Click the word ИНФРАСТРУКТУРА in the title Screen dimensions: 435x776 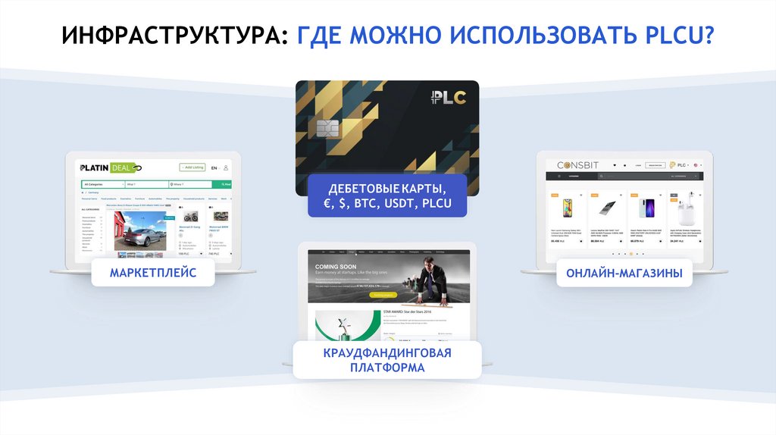pyautogui.click(x=170, y=36)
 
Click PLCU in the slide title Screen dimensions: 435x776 pyautogui.click(x=674, y=36)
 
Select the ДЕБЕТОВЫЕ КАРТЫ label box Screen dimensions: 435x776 pyautogui.click(x=386, y=196)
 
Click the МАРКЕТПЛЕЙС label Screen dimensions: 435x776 pyautogui.click(x=152, y=273)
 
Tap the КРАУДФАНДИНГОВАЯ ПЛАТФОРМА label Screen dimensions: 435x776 pyautogui.click(x=387, y=361)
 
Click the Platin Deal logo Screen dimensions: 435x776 pyautogui.click(x=111, y=167)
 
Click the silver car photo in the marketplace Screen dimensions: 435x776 pyautogui.click(x=139, y=231)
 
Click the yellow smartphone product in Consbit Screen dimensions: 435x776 pyautogui.click(x=566, y=209)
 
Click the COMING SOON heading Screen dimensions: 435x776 pyautogui.click(x=337, y=267)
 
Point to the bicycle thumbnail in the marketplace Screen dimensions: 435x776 pyautogui.click(x=190, y=217)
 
